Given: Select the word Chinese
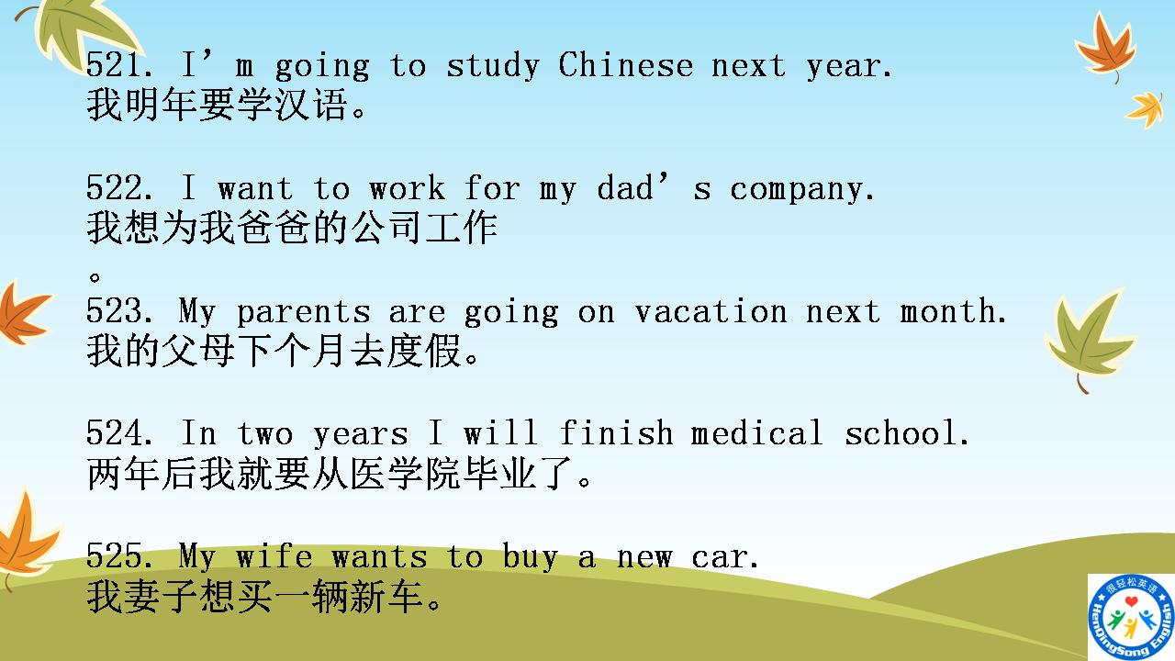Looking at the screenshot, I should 625,66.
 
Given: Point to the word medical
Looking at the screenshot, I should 757,433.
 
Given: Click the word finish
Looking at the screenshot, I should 616,433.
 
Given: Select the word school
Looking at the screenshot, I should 907,433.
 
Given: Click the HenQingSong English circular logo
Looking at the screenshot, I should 1130,617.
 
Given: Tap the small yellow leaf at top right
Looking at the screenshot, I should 1146,109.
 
